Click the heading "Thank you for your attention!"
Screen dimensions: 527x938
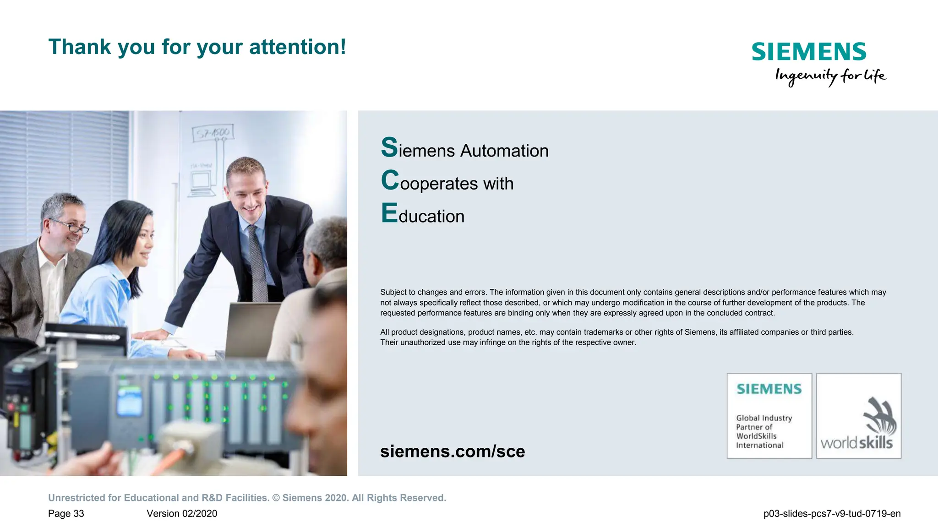click(x=197, y=47)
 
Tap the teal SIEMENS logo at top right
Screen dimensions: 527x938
click(x=809, y=52)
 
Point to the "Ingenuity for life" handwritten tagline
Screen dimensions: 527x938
click(x=830, y=76)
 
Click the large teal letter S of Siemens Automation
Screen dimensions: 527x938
click(x=389, y=148)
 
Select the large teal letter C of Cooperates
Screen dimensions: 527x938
click(x=390, y=180)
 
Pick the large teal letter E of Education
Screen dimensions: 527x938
click(x=389, y=213)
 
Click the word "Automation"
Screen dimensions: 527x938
click(x=504, y=151)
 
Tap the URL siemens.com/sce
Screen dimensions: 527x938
click(x=453, y=451)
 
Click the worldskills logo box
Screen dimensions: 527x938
click(x=859, y=416)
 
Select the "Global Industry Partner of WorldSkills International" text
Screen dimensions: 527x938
click(x=763, y=431)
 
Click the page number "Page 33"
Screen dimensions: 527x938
click(x=66, y=514)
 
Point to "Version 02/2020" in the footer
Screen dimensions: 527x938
click(x=182, y=514)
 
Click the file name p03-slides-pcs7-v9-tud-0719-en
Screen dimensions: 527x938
click(x=832, y=514)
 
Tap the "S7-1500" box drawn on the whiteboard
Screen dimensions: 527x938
click(x=213, y=133)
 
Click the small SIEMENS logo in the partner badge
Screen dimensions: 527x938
click(x=769, y=389)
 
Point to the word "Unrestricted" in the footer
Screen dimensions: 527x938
click(x=76, y=498)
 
